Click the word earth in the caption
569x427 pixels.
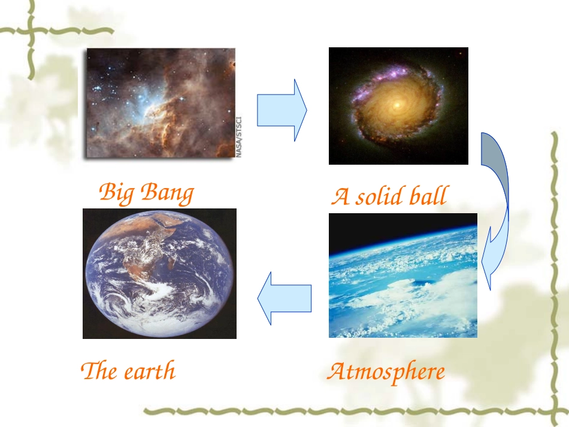150,371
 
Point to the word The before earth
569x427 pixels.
99,371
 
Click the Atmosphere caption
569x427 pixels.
386,372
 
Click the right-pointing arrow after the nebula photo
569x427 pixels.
282,110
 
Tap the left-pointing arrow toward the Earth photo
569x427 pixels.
284,298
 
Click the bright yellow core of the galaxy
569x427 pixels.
396,105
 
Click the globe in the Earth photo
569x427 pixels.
159,273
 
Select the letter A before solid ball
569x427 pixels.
340,196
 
